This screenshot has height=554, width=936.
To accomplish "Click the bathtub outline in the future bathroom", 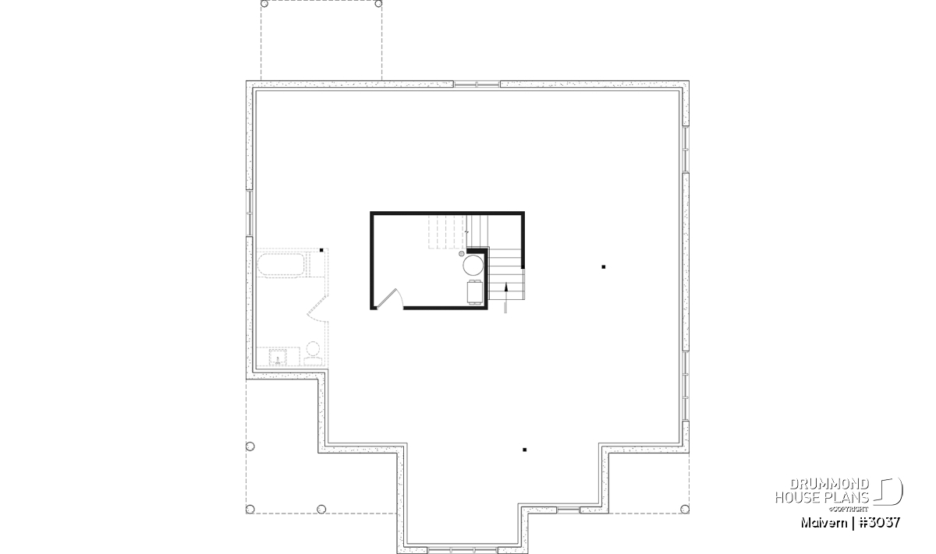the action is (280, 265).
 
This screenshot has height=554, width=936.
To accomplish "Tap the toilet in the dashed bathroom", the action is (313, 355).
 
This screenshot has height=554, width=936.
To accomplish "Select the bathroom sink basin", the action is (278, 358).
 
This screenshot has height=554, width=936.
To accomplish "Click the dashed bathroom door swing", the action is (317, 308).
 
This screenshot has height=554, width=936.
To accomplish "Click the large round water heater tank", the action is (473, 266).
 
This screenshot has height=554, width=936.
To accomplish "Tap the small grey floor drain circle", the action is (461, 253).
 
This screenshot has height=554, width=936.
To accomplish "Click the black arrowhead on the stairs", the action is (506, 287).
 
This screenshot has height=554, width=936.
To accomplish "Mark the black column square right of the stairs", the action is (604, 266).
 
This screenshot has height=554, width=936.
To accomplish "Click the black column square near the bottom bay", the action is (524, 450).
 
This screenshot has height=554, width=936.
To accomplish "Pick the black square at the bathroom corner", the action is (321, 250).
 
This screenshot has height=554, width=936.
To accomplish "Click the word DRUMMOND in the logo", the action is (829, 485).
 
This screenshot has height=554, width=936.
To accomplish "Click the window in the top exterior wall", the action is (477, 84).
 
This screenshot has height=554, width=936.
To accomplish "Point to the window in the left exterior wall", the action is (250, 213).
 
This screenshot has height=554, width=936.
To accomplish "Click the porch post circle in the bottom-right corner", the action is (685, 509).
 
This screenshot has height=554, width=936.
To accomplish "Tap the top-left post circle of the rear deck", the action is (264, 4).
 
